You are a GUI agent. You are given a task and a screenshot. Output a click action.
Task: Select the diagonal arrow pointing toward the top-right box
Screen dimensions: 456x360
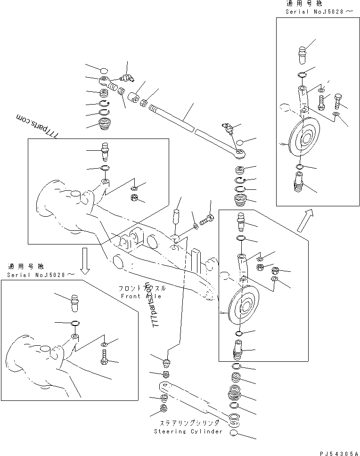[304, 220]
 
